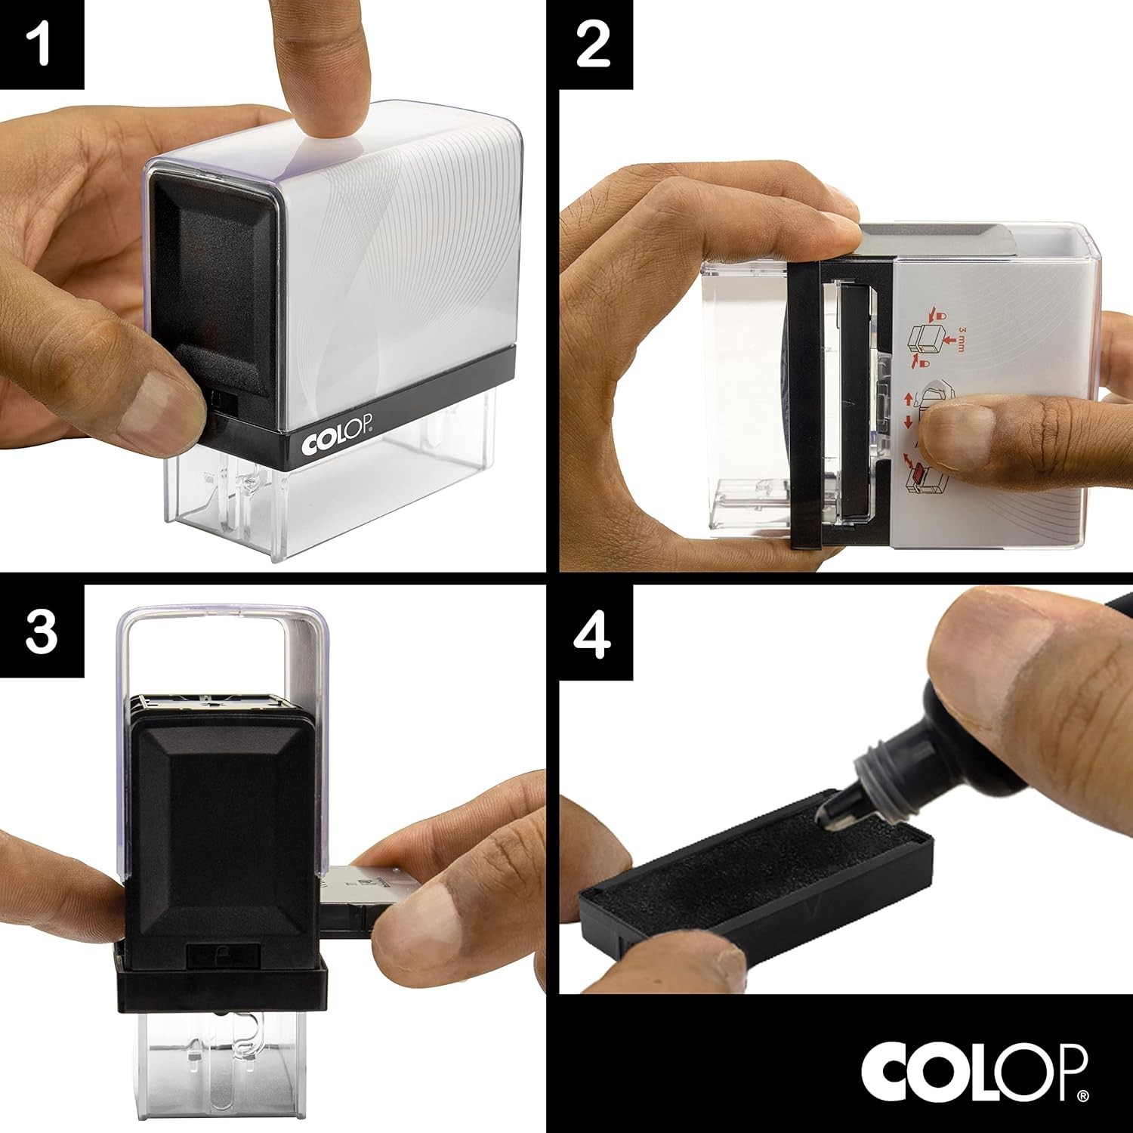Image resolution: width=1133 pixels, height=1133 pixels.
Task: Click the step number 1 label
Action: click(x=41, y=45)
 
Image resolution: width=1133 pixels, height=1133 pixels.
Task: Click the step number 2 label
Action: click(x=594, y=45)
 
